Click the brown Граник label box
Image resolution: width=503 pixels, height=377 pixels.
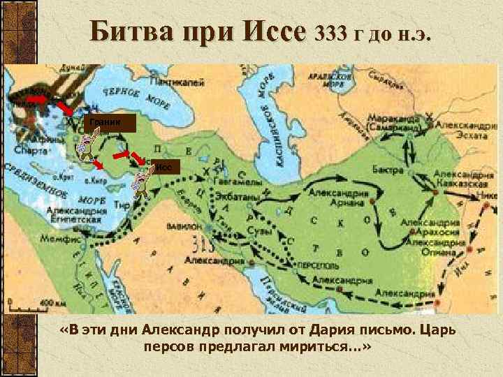tap(105, 124)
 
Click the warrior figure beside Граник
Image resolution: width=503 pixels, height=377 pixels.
tap(83, 145)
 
